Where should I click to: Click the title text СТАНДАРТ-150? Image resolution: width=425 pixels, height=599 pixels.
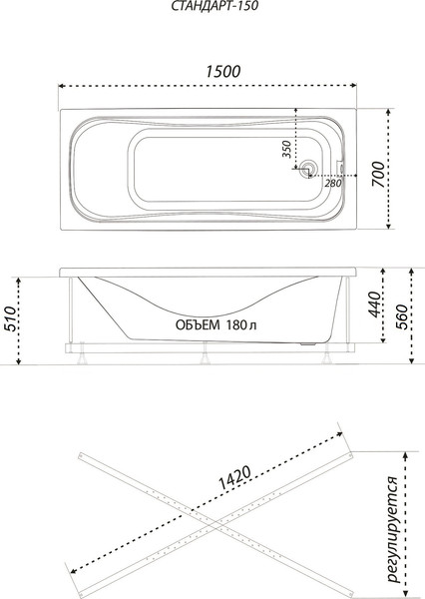212,9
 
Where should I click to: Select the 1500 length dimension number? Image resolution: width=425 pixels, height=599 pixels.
212,71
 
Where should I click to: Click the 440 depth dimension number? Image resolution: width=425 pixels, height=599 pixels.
373,305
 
